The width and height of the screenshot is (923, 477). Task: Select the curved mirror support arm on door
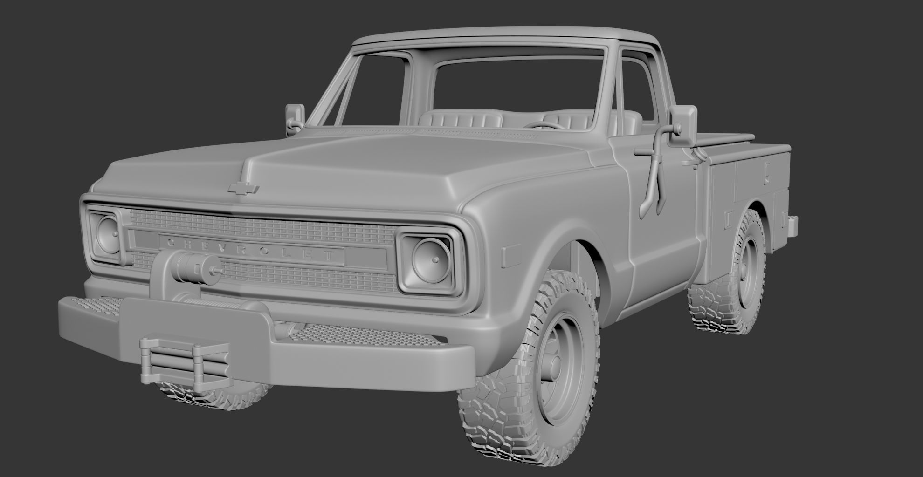point(655,177)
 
